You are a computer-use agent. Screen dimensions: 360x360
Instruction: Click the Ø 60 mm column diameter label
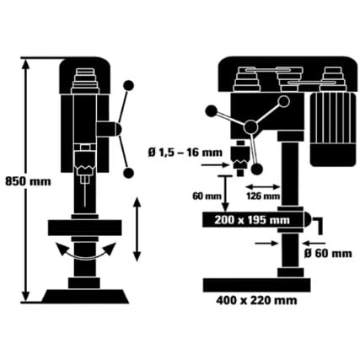point(328,252)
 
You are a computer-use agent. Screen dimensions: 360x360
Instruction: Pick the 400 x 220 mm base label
point(256,298)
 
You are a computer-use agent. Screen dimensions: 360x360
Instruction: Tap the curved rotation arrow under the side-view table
point(83,251)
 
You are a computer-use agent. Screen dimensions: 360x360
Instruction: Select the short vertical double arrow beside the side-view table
point(137,228)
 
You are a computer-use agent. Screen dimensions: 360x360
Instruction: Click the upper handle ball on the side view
point(129,85)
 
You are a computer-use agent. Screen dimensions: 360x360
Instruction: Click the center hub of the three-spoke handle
point(250,127)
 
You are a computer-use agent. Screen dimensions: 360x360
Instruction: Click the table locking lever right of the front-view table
point(318,225)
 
